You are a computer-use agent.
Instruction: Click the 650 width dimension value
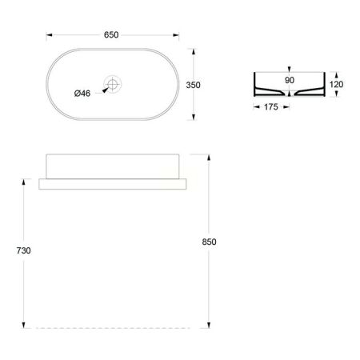coord(112,36)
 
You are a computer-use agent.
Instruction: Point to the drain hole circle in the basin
coord(113,83)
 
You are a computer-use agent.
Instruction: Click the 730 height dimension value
coord(24,250)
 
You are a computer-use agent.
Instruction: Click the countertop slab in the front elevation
coord(113,183)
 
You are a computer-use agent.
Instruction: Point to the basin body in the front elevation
coord(113,165)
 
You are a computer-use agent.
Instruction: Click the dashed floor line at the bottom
coord(113,328)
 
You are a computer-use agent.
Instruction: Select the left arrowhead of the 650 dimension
coord(49,36)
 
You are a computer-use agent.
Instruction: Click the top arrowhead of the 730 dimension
coord(25,180)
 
